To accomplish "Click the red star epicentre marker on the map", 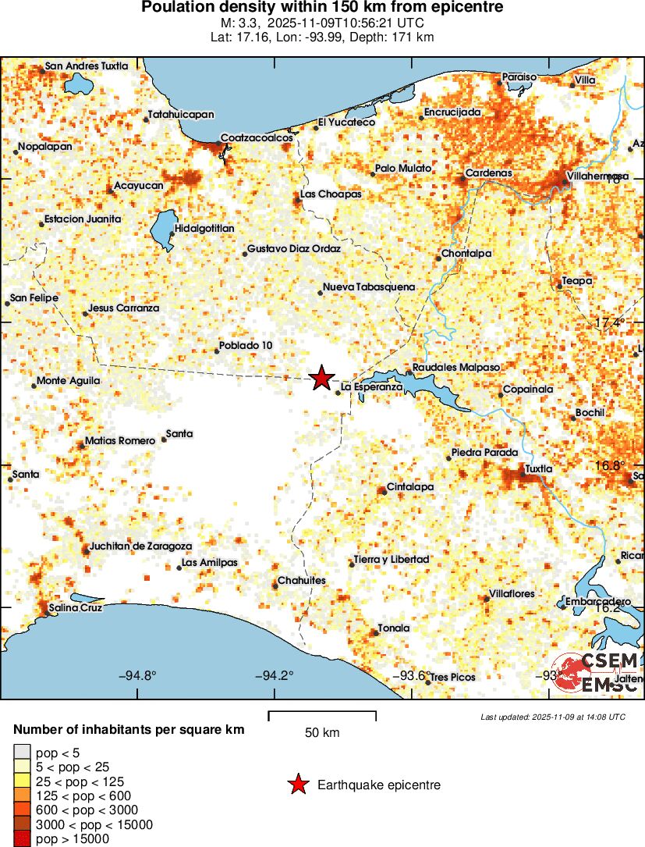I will [321, 378].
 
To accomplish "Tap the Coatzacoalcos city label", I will [257, 137].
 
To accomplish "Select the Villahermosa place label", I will [597, 176].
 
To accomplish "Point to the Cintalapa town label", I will [410, 486].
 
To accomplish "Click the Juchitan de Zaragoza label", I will [141, 546].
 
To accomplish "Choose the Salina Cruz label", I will [76, 607].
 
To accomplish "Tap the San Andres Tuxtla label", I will [87, 66].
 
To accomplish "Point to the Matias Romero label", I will [120, 440].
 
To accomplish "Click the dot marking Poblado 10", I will [217, 351].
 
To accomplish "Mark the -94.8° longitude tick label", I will [137, 676].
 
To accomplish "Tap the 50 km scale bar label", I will [322, 733].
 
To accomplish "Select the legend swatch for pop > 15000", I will [23, 839].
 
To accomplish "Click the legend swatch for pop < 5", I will [23, 753].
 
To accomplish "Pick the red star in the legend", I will [297, 785].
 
